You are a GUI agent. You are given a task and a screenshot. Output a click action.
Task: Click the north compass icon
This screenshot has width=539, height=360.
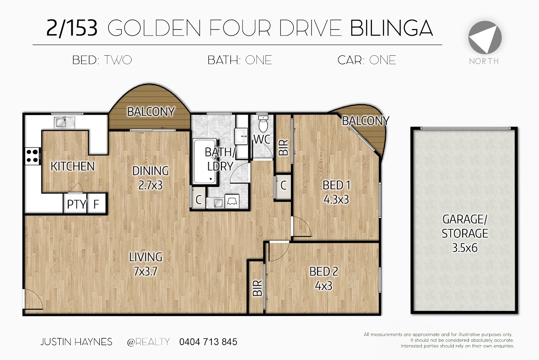pyautogui.click(x=485, y=37)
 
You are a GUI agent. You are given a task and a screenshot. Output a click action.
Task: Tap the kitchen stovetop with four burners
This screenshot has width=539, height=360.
pyautogui.click(x=32, y=156)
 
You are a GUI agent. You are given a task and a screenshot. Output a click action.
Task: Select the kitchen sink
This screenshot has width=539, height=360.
pyautogui.click(x=64, y=123)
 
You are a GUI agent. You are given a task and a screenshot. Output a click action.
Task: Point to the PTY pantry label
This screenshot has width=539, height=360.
pyautogui.click(x=76, y=204)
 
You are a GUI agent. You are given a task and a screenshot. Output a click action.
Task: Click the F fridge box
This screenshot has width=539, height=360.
pyautogui.click(x=96, y=204)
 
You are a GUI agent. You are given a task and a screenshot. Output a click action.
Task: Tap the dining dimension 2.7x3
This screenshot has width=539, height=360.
pyautogui.click(x=150, y=185)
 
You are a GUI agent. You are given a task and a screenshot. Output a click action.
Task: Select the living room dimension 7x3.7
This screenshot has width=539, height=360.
pyautogui.click(x=146, y=271)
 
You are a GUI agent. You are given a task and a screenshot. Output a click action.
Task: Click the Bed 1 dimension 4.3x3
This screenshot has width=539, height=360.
pyautogui.click(x=336, y=200)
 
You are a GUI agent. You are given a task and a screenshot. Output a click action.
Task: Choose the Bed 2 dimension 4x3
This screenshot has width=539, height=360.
pyautogui.click(x=324, y=286)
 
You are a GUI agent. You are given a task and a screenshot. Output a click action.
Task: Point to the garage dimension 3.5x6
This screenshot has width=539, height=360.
pyautogui.click(x=465, y=248)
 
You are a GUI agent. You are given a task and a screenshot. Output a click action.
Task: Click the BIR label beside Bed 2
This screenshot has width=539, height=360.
pyautogui.click(x=257, y=288)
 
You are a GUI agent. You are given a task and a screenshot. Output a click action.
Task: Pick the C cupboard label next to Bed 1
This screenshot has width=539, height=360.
pyautogui.click(x=283, y=186)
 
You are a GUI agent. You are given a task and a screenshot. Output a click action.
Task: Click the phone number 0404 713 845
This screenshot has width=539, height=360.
pyautogui.click(x=208, y=342)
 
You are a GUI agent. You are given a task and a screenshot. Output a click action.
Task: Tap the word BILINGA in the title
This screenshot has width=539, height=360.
pyautogui.click(x=391, y=28)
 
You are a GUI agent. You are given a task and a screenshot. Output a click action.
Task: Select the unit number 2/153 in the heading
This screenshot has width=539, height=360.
pyautogui.click(x=72, y=28)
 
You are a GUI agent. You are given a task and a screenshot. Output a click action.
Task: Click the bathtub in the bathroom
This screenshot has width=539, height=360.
pyautogui.click(x=205, y=161)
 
